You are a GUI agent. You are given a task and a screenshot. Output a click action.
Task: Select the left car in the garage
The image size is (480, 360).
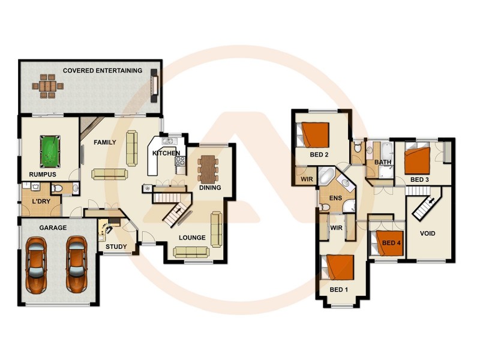tap(36, 264)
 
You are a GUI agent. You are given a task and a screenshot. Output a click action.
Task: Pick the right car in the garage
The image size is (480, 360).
tap(76, 264)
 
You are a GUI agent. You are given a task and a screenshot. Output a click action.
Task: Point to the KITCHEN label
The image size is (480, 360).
tap(166, 154)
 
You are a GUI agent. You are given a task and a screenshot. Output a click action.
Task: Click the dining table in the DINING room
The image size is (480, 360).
tap(208, 169)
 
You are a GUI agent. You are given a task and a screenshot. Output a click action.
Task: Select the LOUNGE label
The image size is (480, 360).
tap(192, 238)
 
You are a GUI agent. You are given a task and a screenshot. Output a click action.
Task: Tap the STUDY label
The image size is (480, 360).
tap(116, 247)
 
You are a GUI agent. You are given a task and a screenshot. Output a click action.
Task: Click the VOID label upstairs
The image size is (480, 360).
tap(427, 233)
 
